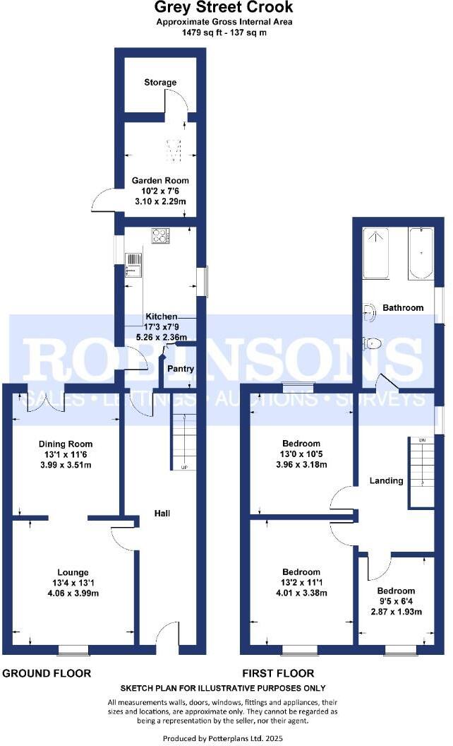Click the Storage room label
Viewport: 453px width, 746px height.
(160, 83)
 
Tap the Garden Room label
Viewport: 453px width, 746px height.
(162, 181)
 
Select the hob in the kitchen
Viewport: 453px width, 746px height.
(160, 236)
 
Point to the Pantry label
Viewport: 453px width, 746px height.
(179, 369)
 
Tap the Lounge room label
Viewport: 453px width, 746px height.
(73, 572)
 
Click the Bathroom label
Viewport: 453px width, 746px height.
(403, 308)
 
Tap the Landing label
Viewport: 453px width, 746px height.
(386, 481)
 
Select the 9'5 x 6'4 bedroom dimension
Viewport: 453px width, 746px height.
(395, 601)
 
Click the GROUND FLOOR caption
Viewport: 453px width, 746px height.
(47, 673)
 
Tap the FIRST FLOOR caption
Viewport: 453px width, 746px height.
(278, 673)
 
